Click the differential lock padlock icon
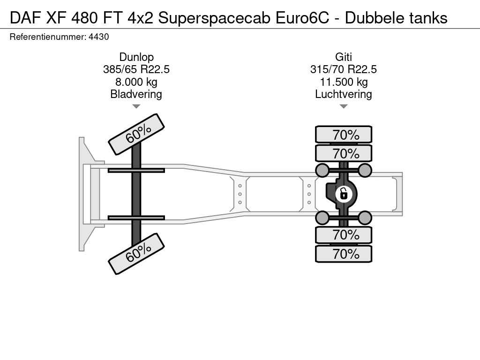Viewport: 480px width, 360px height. point(344,194)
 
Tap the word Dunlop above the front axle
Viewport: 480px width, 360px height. point(136,57)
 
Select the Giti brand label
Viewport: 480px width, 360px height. point(344,57)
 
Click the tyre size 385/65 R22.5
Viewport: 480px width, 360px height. point(136,69)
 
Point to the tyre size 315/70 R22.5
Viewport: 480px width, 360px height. point(344,69)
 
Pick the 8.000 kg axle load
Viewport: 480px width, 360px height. point(136,82)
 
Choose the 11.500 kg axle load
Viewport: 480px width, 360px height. point(344,82)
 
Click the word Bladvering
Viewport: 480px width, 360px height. point(136,94)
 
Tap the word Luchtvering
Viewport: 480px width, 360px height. point(344,94)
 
